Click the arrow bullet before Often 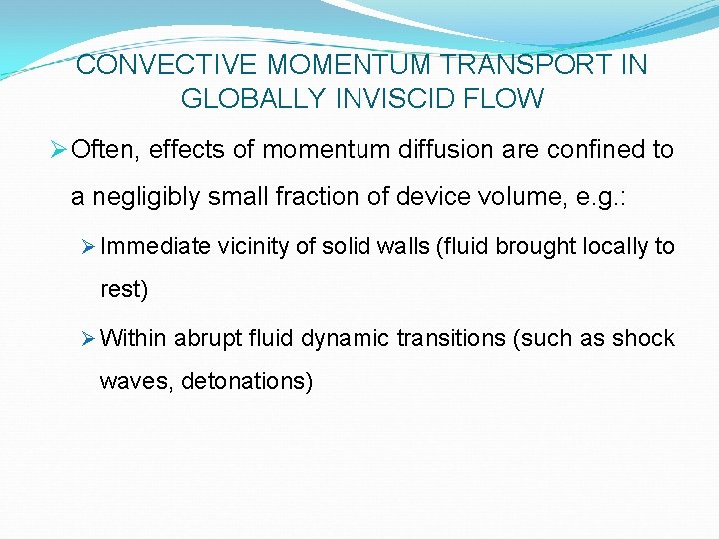[58, 150]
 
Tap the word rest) [124, 291]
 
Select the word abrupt [206, 338]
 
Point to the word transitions [450, 338]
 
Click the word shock [644, 338]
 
